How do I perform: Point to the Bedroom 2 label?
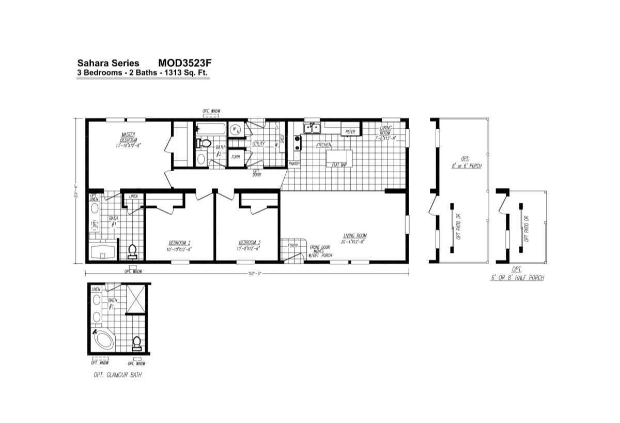[x=180, y=245]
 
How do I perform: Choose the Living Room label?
[x=354, y=238]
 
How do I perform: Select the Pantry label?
[x=295, y=163]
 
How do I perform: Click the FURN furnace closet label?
[x=236, y=157]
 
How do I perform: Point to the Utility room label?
[x=258, y=144]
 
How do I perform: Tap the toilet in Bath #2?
[x=205, y=143]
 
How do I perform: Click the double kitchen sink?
[x=313, y=127]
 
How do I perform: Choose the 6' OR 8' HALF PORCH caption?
[x=517, y=278]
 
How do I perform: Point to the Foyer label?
[x=293, y=246]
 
